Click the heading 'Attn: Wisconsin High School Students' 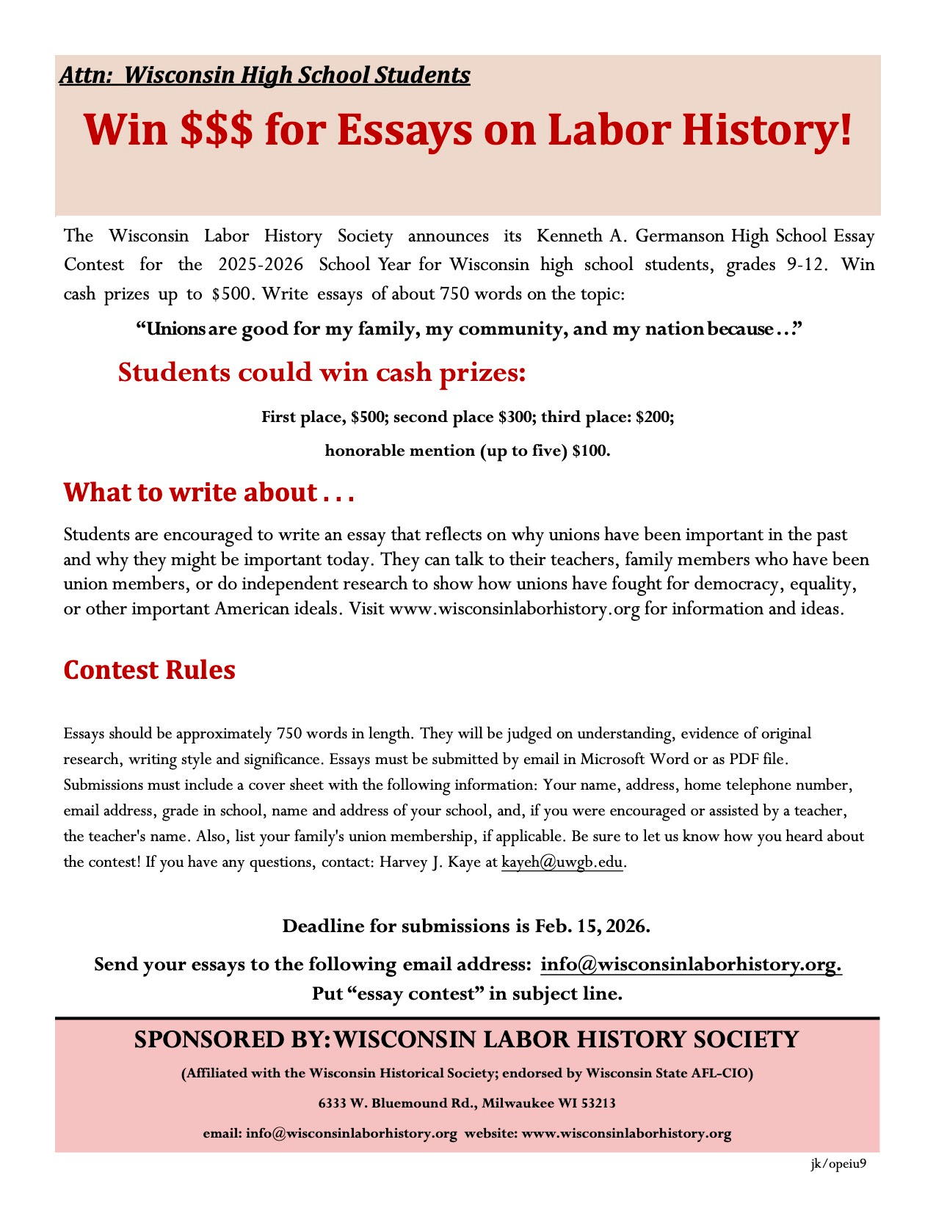click(x=264, y=75)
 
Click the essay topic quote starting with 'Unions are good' click(x=469, y=329)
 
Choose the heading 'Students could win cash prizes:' click(x=322, y=372)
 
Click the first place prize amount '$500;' click(x=369, y=417)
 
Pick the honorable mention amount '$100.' click(x=591, y=451)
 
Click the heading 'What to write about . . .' click(x=208, y=492)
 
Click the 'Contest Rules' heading click(x=149, y=670)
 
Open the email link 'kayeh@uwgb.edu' click(x=562, y=862)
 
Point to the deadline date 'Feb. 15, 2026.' click(x=592, y=926)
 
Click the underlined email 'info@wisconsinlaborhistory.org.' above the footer click(x=691, y=964)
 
